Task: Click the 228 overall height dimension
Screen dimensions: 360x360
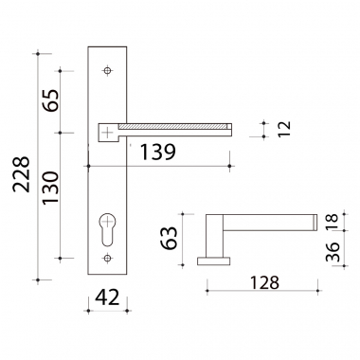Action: pyautogui.click(x=22, y=174)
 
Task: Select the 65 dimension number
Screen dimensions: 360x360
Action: pyautogui.click(x=51, y=100)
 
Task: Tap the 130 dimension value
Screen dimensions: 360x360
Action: pyautogui.click(x=51, y=188)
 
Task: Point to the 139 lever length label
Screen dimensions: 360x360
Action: pyautogui.click(x=157, y=152)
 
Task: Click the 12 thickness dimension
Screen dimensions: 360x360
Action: pyautogui.click(x=284, y=129)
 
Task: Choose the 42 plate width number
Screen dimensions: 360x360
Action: pyautogui.click(x=107, y=297)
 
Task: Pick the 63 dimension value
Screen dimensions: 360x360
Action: pyautogui.click(x=169, y=238)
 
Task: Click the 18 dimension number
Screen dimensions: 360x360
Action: pyautogui.click(x=333, y=223)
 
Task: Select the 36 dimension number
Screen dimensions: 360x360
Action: pyautogui.click(x=333, y=252)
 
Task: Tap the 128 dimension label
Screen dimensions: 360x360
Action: pyautogui.click(x=264, y=282)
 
